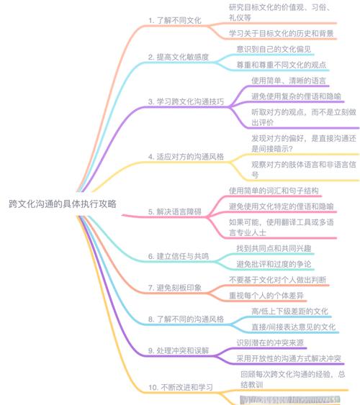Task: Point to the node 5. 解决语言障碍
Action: pyautogui.click(x=179, y=211)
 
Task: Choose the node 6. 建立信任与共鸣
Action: pyautogui.click(x=182, y=255)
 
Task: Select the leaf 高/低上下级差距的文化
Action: pyautogui.click(x=290, y=311)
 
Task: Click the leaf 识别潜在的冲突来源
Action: pyautogui.click(x=274, y=342)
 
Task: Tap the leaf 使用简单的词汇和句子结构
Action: pyautogui.click(x=274, y=191)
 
